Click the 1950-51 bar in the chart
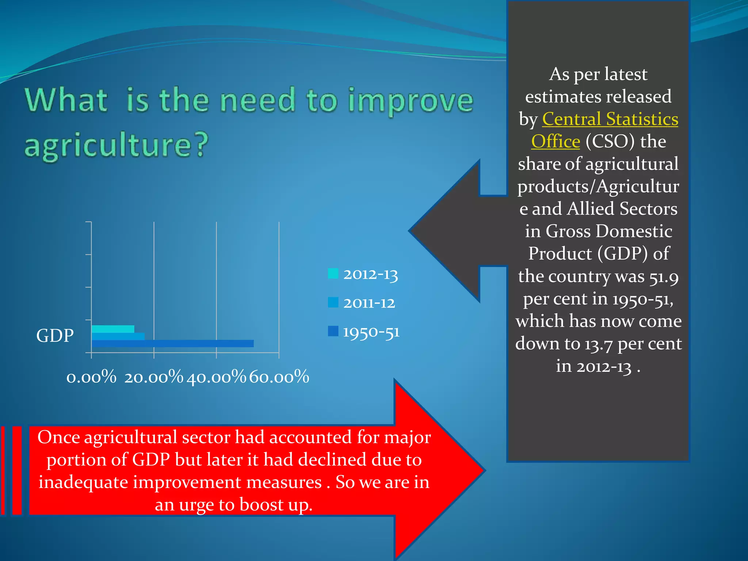click(x=172, y=344)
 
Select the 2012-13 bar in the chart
click(x=113, y=329)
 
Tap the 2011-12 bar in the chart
click(x=118, y=336)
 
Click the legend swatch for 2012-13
click(x=333, y=274)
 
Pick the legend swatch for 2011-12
click(x=333, y=302)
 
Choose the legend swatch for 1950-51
click(x=333, y=331)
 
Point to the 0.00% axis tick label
click(x=91, y=377)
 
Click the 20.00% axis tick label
click(x=153, y=377)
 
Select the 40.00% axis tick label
click(x=216, y=377)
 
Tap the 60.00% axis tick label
click(x=279, y=377)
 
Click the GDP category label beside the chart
click(x=55, y=335)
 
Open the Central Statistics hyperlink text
click(x=610, y=119)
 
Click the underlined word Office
click(x=556, y=142)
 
